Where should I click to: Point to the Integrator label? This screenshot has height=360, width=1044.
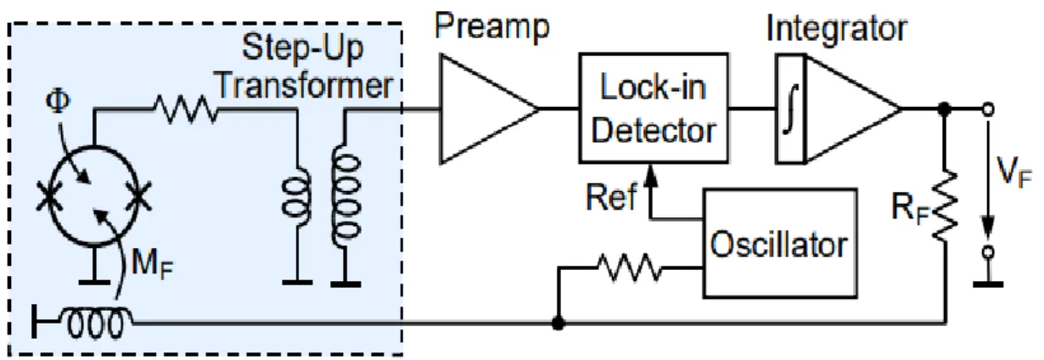click(x=837, y=29)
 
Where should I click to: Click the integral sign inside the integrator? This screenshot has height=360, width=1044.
click(x=791, y=109)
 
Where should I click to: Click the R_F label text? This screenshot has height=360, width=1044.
click(x=909, y=208)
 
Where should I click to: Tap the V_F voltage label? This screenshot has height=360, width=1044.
click(x=1013, y=172)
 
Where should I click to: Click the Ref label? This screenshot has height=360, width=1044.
click(x=611, y=197)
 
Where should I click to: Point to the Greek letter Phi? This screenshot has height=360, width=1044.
click(x=58, y=101)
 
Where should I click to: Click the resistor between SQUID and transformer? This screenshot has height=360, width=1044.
click(x=186, y=110)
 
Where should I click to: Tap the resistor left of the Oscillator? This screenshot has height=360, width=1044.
click(x=629, y=267)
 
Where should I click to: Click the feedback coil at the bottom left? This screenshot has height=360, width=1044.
click(x=96, y=321)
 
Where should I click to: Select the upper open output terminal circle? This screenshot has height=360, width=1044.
click(x=987, y=110)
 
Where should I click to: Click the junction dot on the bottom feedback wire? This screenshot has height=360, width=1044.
click(x=558, y=323)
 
